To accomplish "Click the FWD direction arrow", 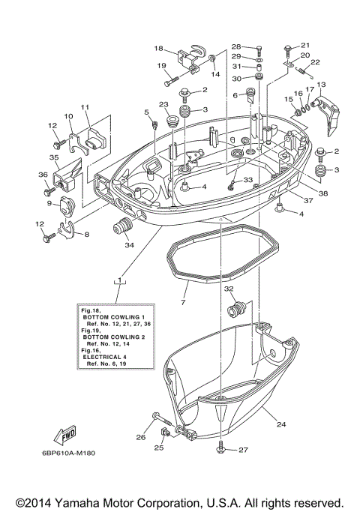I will coord(65,433).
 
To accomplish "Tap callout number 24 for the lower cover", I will coord(280,424).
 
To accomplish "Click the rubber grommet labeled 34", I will coord(122,226).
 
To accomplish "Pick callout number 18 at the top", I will coord(158,48).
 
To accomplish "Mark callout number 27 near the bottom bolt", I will coord(243,450).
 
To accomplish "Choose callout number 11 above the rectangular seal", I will coord(85,107).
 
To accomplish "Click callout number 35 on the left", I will coord(54,158).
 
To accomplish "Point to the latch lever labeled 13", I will coord(328,109).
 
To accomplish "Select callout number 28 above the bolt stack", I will coord(236,46).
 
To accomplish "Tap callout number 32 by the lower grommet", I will coord(229,288).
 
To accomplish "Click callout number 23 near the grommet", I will coord(163,105).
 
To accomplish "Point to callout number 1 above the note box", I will coord(118,279).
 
